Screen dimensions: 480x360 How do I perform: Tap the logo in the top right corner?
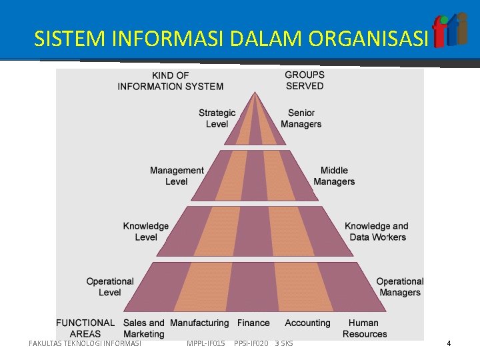click(450, 31)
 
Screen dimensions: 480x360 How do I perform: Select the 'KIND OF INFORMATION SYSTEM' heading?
click(171, 81)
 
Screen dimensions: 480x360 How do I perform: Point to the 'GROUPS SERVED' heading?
click(305, 81)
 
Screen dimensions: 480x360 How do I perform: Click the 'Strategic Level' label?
click(217, 119)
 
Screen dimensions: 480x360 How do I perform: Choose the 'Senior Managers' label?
click(301, 119)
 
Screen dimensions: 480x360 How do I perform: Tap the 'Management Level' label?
click(177, 176)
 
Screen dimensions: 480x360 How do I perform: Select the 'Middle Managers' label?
click(334, 176)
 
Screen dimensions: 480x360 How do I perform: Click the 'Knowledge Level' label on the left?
click(146, 231)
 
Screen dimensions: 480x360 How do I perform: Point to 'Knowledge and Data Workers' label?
click(377, 231)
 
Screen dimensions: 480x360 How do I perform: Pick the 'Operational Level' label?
click(110, 287)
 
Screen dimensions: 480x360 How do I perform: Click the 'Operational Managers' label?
click(400, 287)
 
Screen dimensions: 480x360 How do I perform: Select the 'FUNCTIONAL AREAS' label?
click(85, 328)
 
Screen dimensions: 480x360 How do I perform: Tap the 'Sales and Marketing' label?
click(144, 328)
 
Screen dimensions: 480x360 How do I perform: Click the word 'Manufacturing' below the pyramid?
click(199, 323)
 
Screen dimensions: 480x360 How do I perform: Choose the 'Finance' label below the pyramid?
click(253, 323)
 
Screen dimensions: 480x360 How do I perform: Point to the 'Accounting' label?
click(307, 323)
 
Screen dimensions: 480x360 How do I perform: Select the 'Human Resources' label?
click(364, 328)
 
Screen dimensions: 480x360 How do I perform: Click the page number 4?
click(449, 343)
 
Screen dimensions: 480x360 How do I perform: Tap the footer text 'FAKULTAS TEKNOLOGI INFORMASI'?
click(85, 343)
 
